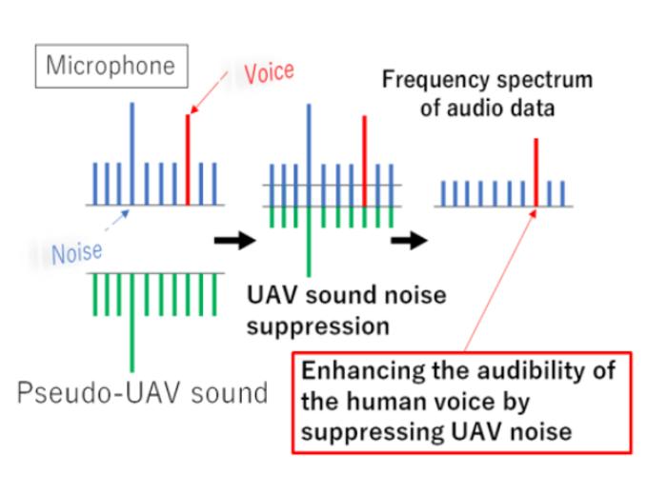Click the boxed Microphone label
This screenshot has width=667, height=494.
[x=111, y=66]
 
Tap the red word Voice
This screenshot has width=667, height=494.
[x=270, y=71]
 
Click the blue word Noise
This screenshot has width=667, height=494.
[x=77, y=253]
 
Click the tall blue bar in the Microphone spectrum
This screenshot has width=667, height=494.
[x=132, y=152]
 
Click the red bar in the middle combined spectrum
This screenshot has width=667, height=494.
[x=363, y=152]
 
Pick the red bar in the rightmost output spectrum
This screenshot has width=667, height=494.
[x=536, y=171]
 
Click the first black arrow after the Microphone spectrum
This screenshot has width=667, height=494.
[x=233, y=239]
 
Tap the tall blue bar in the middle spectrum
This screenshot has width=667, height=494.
[x=309, y=152]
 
